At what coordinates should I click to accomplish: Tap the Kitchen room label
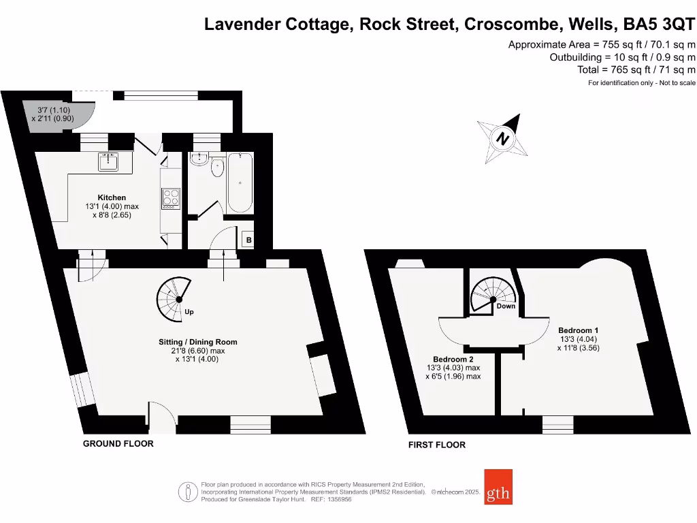coord(112,197)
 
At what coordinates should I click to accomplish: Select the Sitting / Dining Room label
coord(194,342)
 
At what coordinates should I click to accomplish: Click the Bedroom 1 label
coord(578,330)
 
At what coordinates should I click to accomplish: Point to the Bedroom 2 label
coord(453,359)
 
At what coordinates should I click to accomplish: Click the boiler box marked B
coord(249,240)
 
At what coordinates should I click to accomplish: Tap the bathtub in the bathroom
coord(240,183)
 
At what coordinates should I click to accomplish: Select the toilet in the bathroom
coord(218,168)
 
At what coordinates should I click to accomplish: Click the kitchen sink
coord(109,162)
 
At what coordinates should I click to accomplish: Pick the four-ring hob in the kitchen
coord(170,198)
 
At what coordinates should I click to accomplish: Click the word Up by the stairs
coord(189,313)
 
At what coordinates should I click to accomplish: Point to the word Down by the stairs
coord(506,306)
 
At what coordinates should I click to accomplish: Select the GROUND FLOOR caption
coord(118,444)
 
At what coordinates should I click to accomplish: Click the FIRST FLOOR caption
coord(436,445)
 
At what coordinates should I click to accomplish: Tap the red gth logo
coord(498,487)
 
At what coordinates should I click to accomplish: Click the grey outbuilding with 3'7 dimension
coord(56,114)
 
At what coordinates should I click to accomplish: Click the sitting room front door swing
coord(161,415)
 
